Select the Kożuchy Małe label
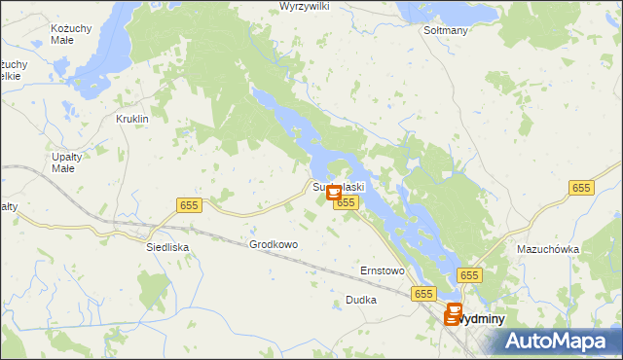pyautogui.click(x=71, y=36)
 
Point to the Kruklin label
pyautogui.click(x=131, y=119)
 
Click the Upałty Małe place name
pyautogui.click(x=63, y=162)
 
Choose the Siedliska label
pyautogui.click(x=166, y=247)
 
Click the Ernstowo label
pyautogui.click(x=382, y=270)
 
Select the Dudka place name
pyautogui.click(x=360, y=301)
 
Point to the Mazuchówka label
pyautogui.click(x=548, y=249)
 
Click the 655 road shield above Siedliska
pyautogui.click(x=189, y=204)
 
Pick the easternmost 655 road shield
pyautogui.click(x=582, y=188)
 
